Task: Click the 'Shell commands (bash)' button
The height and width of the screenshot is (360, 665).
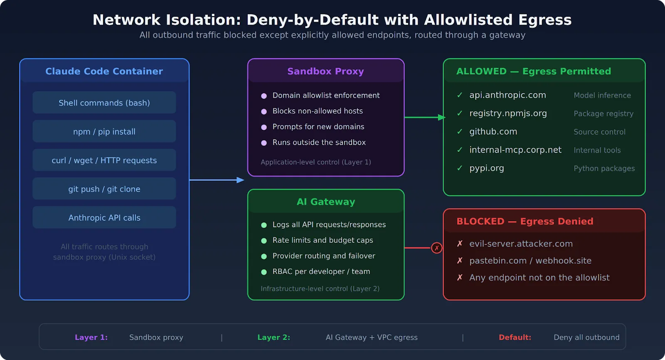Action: pyautogui.click(x=104, y=103)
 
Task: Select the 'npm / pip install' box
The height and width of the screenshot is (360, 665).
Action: pyautogui.click(x=104, y=131)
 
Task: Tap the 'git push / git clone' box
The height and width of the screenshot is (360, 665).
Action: pyautogui.click(x=104, y=189)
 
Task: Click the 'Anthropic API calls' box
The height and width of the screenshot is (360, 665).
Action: pyautogui.click(x=104, y=218)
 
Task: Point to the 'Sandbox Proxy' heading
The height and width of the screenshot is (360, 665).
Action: pyautogui.click(x=325, y=71)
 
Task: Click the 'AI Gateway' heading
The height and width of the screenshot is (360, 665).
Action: pyautogui.click(x=325, y=202)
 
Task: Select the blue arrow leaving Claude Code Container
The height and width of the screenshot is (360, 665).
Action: pyautogui.click(x=216, y=180)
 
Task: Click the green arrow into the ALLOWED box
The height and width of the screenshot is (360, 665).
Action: pyautogui.click(x=424, y=117)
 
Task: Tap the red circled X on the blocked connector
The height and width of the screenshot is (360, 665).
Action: pyautogui.click(x=436, y=248)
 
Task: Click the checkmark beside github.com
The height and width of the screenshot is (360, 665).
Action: pyautogui.click(x=460, y=132)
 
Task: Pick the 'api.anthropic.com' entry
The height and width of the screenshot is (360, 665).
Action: pyautogui.click(x=507, y=95)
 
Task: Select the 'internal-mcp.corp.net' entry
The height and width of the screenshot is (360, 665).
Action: pyautogui.click(x=515, y=150)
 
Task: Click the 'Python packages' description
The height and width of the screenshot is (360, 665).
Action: pyautogui.click(x=604, y=168)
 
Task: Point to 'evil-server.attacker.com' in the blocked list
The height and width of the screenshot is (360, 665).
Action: pyautogui.click(x=521, y=244)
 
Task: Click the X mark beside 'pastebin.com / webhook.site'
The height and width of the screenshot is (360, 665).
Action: pyautogui.click(x=460, y=261)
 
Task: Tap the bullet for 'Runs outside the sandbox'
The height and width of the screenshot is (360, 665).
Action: pyautogui.click(x=264, y=143)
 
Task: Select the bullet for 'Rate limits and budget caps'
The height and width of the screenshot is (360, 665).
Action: pyautogui.click(x=264, y=241)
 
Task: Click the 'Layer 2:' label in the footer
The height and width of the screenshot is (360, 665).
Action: pyautogui.click(x=273, y=338)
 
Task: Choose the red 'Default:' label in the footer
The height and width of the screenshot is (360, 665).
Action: pyautogui.click(x=515, y=338)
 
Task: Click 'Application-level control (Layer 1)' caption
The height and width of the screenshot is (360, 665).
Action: pyautogui.click(x=315, y=162)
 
